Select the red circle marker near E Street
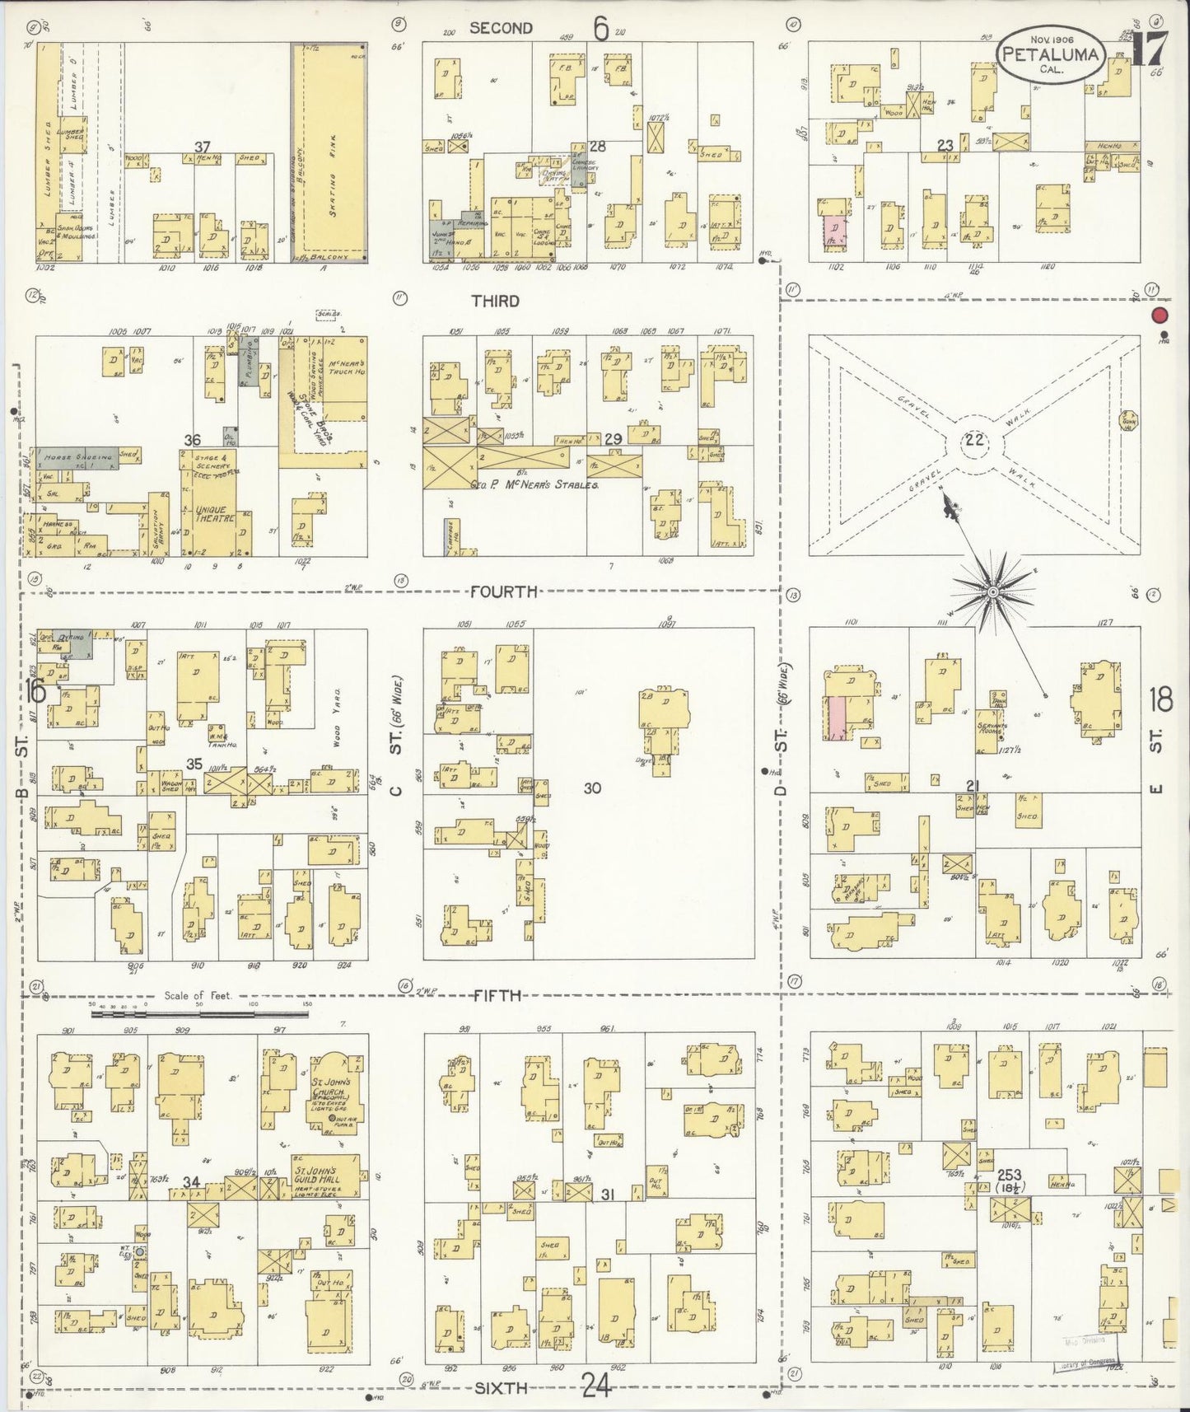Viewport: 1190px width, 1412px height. pyautogui.click(x=1161, y=316)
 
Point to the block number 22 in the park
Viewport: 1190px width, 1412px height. pyautogui.click(x=975, y=439)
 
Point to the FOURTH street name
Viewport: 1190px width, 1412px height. pyautogui.click(x=504, y=591)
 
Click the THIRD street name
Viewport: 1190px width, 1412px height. pyautogui.click(x=495, y=301)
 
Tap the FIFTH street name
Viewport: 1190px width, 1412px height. pyautogui.click(x=497, y=995)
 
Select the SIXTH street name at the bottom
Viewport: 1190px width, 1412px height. pyautogui.click(x=500, y=1388)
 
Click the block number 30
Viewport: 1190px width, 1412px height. pyautogui.click(x=591, y=788)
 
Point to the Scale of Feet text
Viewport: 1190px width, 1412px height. pyautogui.click(x=198, y=995)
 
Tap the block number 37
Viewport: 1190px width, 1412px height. pyautogui.click(x=202, y=147)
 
